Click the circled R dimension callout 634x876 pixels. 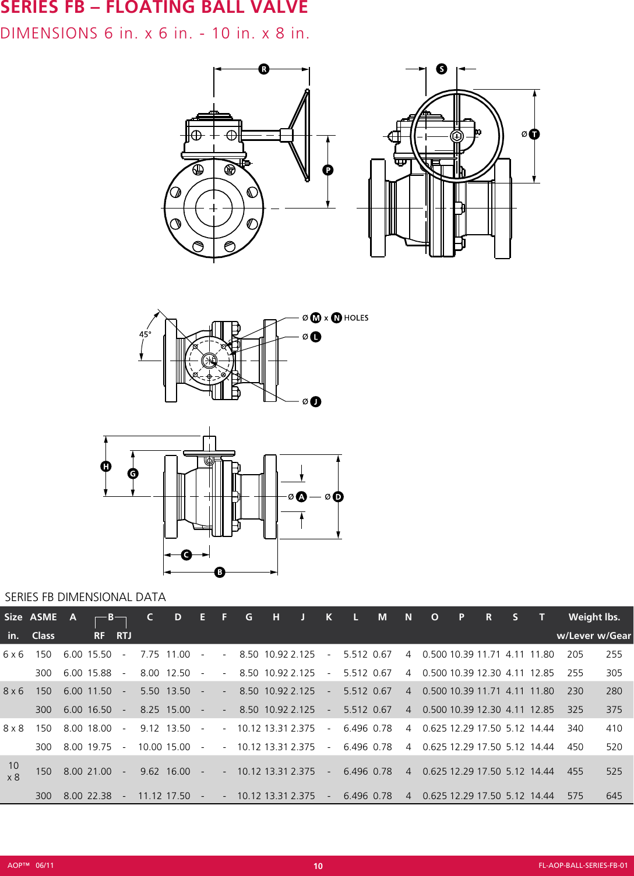click(x=264, y=69)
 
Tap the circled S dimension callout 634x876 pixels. click(x=442, y=69)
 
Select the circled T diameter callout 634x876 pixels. click(x=534, y=135)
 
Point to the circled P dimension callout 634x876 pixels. click(x=328, y=170)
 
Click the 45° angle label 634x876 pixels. click(x=145, y=334)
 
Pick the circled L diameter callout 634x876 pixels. click(x=315, y=337)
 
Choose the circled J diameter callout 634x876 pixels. click(x=315, y=402)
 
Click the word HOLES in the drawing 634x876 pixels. click(x=356, y=318)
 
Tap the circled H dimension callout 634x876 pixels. click(x=106, y=467)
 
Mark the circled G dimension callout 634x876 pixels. click(x=133, y=474)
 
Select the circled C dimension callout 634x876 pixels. click(x=186, y=555)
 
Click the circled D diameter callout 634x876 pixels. click(x=338, y=497)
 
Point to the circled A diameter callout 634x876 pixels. click(x=301, y=497)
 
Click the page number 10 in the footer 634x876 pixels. click(x=318, y=866)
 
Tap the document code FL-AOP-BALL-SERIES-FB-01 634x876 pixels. click(x=583, y=866)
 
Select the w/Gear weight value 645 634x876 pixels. click(x=614, y=796)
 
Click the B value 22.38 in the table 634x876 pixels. click(x=99, y=796)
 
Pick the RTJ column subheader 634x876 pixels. click(x=124, y=635)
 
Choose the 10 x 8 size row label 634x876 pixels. click(x=13, y=771)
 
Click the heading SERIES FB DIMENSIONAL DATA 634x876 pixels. click(x=85, y=597)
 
